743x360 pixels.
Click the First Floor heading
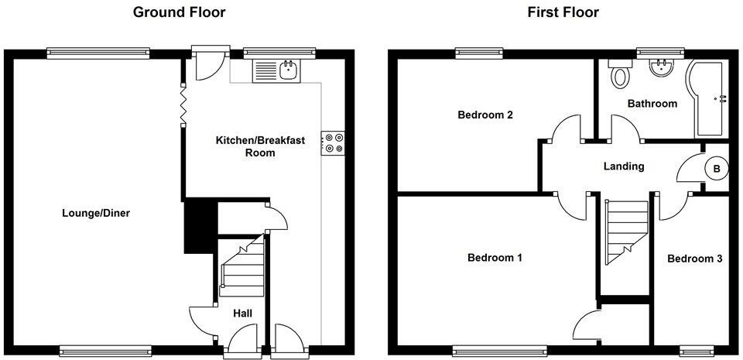pyautogui.click(x=563, y=12)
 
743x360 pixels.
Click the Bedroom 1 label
pyautogui.click(x=494, y=258)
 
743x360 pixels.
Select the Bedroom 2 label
pyautogui.click(x=485, y=115)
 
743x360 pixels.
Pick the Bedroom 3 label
pyautogui.click(x=695, y=259)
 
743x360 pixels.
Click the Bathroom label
pyautogui.click(x=652, y=103)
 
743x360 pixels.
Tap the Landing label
pyautogui.click(x=623, y=166)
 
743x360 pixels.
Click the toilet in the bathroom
pyautogui.click(x=619, y=75)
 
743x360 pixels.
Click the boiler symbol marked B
pyautogui.click(x=717, y=168)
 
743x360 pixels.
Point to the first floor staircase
pyautogui.click(x=625, y=230)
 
